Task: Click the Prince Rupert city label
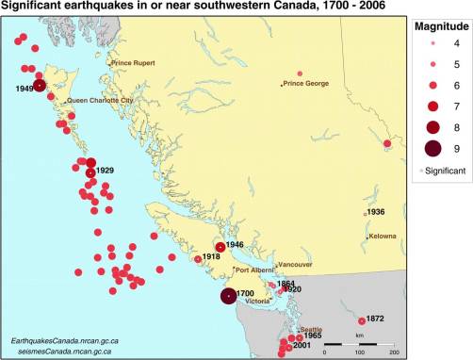[132, 63]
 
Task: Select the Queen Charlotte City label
[99, 100]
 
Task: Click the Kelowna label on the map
[383, 236]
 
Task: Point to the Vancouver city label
[295, 264]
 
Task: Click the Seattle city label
[311, 330]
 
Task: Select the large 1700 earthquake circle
[228, 296]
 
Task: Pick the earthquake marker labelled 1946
[220, 247]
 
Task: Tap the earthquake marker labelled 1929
[90, 172]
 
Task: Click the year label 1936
[375, 213]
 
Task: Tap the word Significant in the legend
[446, 171]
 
